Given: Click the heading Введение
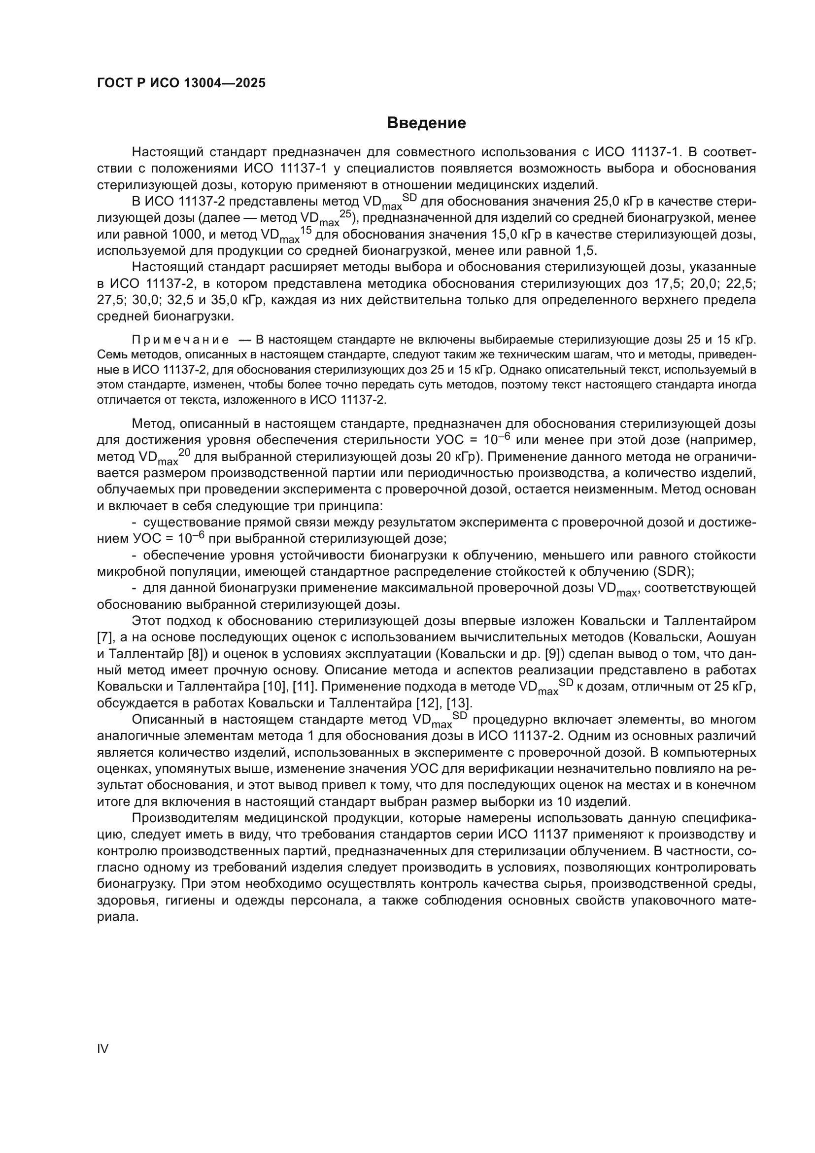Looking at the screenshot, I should coord(426,123).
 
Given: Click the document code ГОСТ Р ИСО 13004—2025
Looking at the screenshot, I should coord(181,83).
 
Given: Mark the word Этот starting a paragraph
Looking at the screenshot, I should coord(147,621).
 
